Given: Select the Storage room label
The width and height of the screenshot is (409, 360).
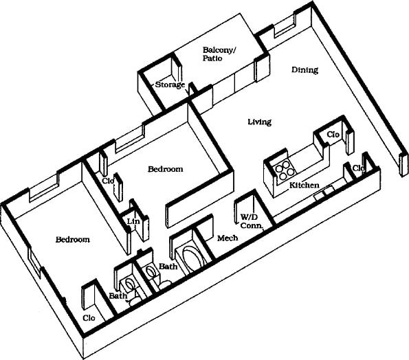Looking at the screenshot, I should click(x=169, y=85).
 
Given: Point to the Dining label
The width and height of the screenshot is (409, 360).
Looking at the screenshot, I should click(x=305, y=69).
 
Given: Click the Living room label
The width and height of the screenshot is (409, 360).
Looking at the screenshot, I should click(x=259, y=122).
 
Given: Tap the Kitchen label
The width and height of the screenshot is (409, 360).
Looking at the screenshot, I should click(x=303, y=185).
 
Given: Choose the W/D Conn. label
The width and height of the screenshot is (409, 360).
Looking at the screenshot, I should click(x=249, y=222).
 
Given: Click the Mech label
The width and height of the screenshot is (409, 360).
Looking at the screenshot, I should click(x=227, y=238).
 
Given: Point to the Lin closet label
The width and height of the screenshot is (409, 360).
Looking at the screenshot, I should click(x=133, y=221).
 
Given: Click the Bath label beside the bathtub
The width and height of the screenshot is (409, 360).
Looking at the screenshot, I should click(x=168, y=266).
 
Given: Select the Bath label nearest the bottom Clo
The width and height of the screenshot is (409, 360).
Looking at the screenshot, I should click(x=118, y=296).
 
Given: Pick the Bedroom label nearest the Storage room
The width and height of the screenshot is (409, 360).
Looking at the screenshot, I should click(x=166, y=169).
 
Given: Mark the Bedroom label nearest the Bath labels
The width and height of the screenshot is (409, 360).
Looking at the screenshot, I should click(x=73, y=239).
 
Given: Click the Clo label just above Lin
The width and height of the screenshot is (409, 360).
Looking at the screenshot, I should click(x=108, y=181).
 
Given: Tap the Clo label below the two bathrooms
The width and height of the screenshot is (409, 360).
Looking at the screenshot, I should click(x=89, y=318).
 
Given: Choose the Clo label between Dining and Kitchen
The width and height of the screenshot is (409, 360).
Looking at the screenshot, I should click(x=333, y=134).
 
